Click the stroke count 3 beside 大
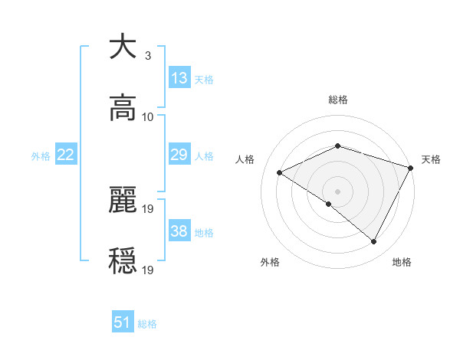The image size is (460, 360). (x=147, y=56)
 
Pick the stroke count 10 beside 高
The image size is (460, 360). (x=148, y=117)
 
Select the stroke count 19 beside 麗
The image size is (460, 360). (x=148, y=209)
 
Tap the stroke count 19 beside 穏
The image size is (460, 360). (x=148, y=270)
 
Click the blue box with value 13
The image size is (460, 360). (x=179, y=78)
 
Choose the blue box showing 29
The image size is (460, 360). (x=179, y=155)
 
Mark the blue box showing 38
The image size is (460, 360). (x=179, y=231)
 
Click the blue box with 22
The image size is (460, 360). (x=66, y=155)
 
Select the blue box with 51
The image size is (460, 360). (x=123, y=322)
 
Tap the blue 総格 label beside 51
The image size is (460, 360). (x=147, y=324)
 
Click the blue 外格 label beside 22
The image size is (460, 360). (x=41, y=156)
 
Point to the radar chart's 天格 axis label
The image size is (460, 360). (x=431, y=159)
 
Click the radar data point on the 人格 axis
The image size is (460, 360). (x=280, y=173)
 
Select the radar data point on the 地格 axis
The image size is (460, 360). (x=374, y=242)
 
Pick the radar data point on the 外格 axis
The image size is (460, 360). (x=329, y=204)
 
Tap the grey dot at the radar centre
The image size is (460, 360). (x=337, y=191)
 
